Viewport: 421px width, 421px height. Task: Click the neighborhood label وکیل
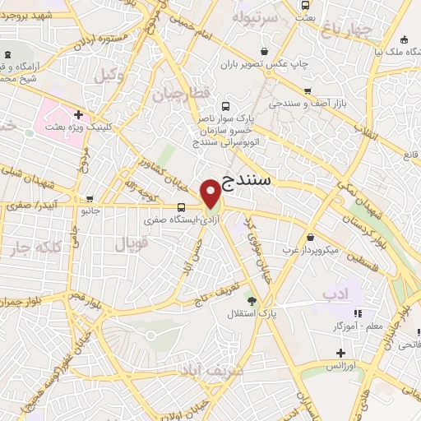click(x=108, y=75)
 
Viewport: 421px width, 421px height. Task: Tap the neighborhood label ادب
click(x=335, y=293)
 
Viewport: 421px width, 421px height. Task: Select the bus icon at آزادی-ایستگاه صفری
click(x=180, y=207)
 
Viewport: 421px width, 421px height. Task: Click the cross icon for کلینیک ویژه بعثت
click(x=78, y=114)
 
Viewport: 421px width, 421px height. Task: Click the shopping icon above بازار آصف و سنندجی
click(x=308, y=91)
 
